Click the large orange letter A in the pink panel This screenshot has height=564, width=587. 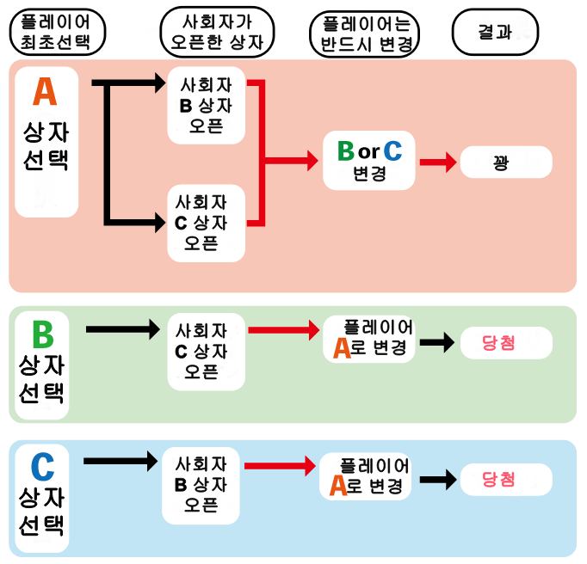46,91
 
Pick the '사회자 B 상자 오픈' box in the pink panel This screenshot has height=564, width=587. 207,106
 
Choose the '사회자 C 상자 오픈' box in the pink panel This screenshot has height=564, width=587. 207,223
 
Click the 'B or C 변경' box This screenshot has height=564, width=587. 368,161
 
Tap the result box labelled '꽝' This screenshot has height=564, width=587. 505,162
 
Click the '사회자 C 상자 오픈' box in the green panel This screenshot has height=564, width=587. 203,351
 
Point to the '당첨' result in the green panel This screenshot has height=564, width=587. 505,341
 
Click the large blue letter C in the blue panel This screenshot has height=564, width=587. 42,468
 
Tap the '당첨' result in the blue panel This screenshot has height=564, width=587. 505,478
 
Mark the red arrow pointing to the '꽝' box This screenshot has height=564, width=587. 438,162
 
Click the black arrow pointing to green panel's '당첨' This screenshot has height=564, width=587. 437,341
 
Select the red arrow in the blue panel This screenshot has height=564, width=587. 281,466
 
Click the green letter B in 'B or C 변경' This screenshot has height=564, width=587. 345,151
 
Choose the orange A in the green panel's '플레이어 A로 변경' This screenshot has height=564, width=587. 342,347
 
